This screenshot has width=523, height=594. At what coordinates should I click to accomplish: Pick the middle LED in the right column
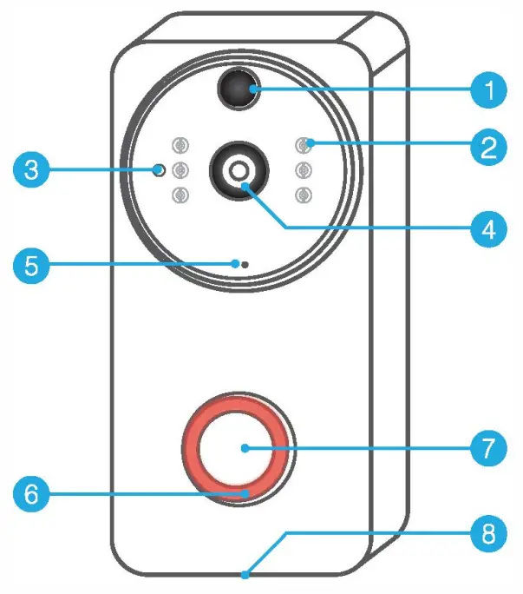(303, 169)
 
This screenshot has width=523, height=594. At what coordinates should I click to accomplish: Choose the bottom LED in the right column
(303, 195)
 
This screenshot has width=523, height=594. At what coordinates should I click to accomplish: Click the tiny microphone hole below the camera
(244, 264)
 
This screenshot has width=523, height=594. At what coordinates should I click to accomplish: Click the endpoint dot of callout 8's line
(245, 574)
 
